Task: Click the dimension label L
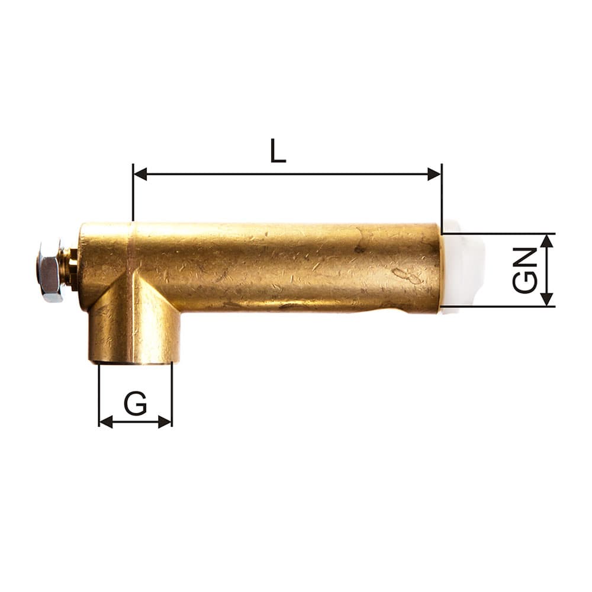tap(278, 151)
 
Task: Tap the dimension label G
tap(135, 404)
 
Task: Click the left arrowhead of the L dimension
tap(140, 175)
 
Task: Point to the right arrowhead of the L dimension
tap(434, 175)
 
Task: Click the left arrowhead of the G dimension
tap(106, 422)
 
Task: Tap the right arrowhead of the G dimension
tap(165, 422)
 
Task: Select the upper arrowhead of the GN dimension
tap(547, 241)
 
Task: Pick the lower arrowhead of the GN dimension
tap(547, 300)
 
